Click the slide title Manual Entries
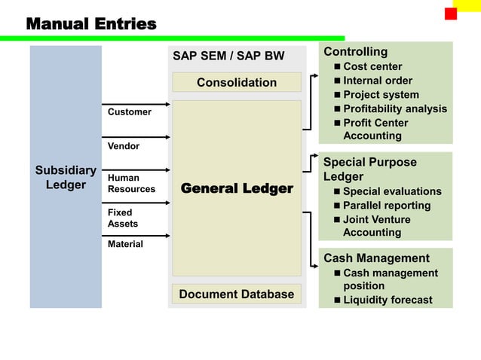[x=91, y=24]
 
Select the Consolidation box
[x=236, y=82]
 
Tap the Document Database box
[x=236, y=294]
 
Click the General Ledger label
[x=236, y=188]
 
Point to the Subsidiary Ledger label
[x=66, y=177]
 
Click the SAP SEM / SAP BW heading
[x=228, y=56]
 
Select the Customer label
[x=129, y=112]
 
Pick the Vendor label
[x=123, y=146]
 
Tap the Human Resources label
[x=131, y=183]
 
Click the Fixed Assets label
[x=122, y=218]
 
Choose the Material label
[x=125, y=244]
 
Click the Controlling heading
[x=355, y=52]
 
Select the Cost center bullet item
[x=372, y=66]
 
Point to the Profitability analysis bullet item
[x=394, y=108]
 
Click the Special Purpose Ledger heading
[x=369, y=169]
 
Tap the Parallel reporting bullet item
[x=386, y=205]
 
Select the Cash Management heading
[x=376, y=258]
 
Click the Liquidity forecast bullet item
[x=388, y=300]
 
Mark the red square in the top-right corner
[x=451, y=14]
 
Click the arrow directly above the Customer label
[x=136, y=104]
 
